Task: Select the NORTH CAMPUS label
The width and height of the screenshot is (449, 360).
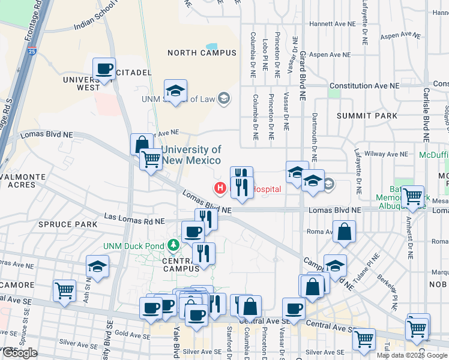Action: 202,53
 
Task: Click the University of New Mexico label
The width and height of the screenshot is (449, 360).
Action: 190,155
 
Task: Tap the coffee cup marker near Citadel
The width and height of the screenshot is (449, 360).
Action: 104,68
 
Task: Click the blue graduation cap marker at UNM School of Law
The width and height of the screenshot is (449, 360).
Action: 175,91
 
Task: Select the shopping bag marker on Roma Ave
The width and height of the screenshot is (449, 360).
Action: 344,232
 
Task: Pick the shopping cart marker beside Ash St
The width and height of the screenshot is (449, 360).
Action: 64,291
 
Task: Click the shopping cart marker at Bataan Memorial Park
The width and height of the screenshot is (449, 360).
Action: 412,197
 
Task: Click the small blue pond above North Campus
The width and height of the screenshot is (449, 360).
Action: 212,46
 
